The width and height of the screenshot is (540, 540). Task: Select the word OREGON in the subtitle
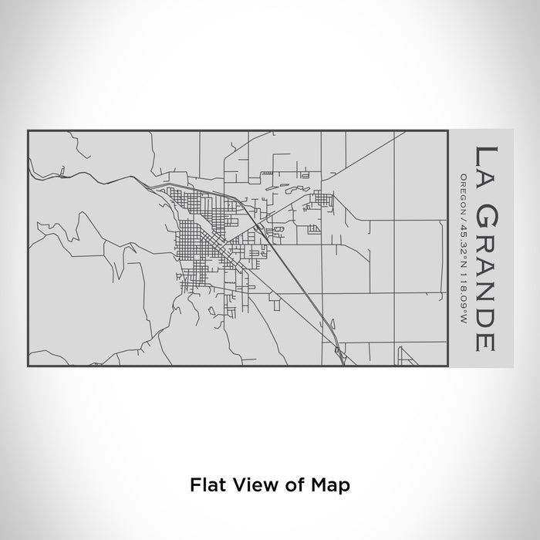click(463, 190)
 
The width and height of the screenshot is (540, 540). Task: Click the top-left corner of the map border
click(28, 131)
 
